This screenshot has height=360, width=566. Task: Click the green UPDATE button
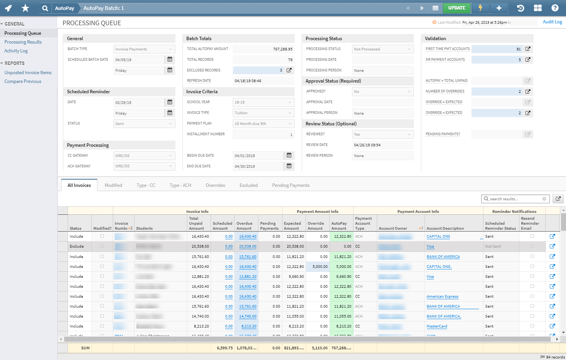(x=457, y=8)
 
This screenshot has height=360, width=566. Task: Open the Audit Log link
(x=552, y=22)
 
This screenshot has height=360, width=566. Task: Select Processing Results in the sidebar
(x=23, y=42)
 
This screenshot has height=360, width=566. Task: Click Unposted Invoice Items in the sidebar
(x=28, y=73)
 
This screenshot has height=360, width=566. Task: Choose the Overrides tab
(x=215, y=185)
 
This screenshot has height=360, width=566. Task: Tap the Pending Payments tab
(x=290, y=185)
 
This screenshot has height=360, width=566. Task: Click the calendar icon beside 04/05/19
(x=170, y=60)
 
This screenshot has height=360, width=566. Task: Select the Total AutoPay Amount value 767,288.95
(x=263, y=49)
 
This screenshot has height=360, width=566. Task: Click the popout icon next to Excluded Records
(x=289, y=70)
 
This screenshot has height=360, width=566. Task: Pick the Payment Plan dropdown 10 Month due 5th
(x=263, y=124)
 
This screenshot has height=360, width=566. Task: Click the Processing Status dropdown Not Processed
(x=383, y=49)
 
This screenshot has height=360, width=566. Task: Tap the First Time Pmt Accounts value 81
(x=496, y=49)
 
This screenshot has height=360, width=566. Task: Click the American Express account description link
(x=442, y=297)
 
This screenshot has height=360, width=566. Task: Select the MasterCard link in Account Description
(x=437, y=326)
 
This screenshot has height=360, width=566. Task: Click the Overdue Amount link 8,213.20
(x=249, y=326)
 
